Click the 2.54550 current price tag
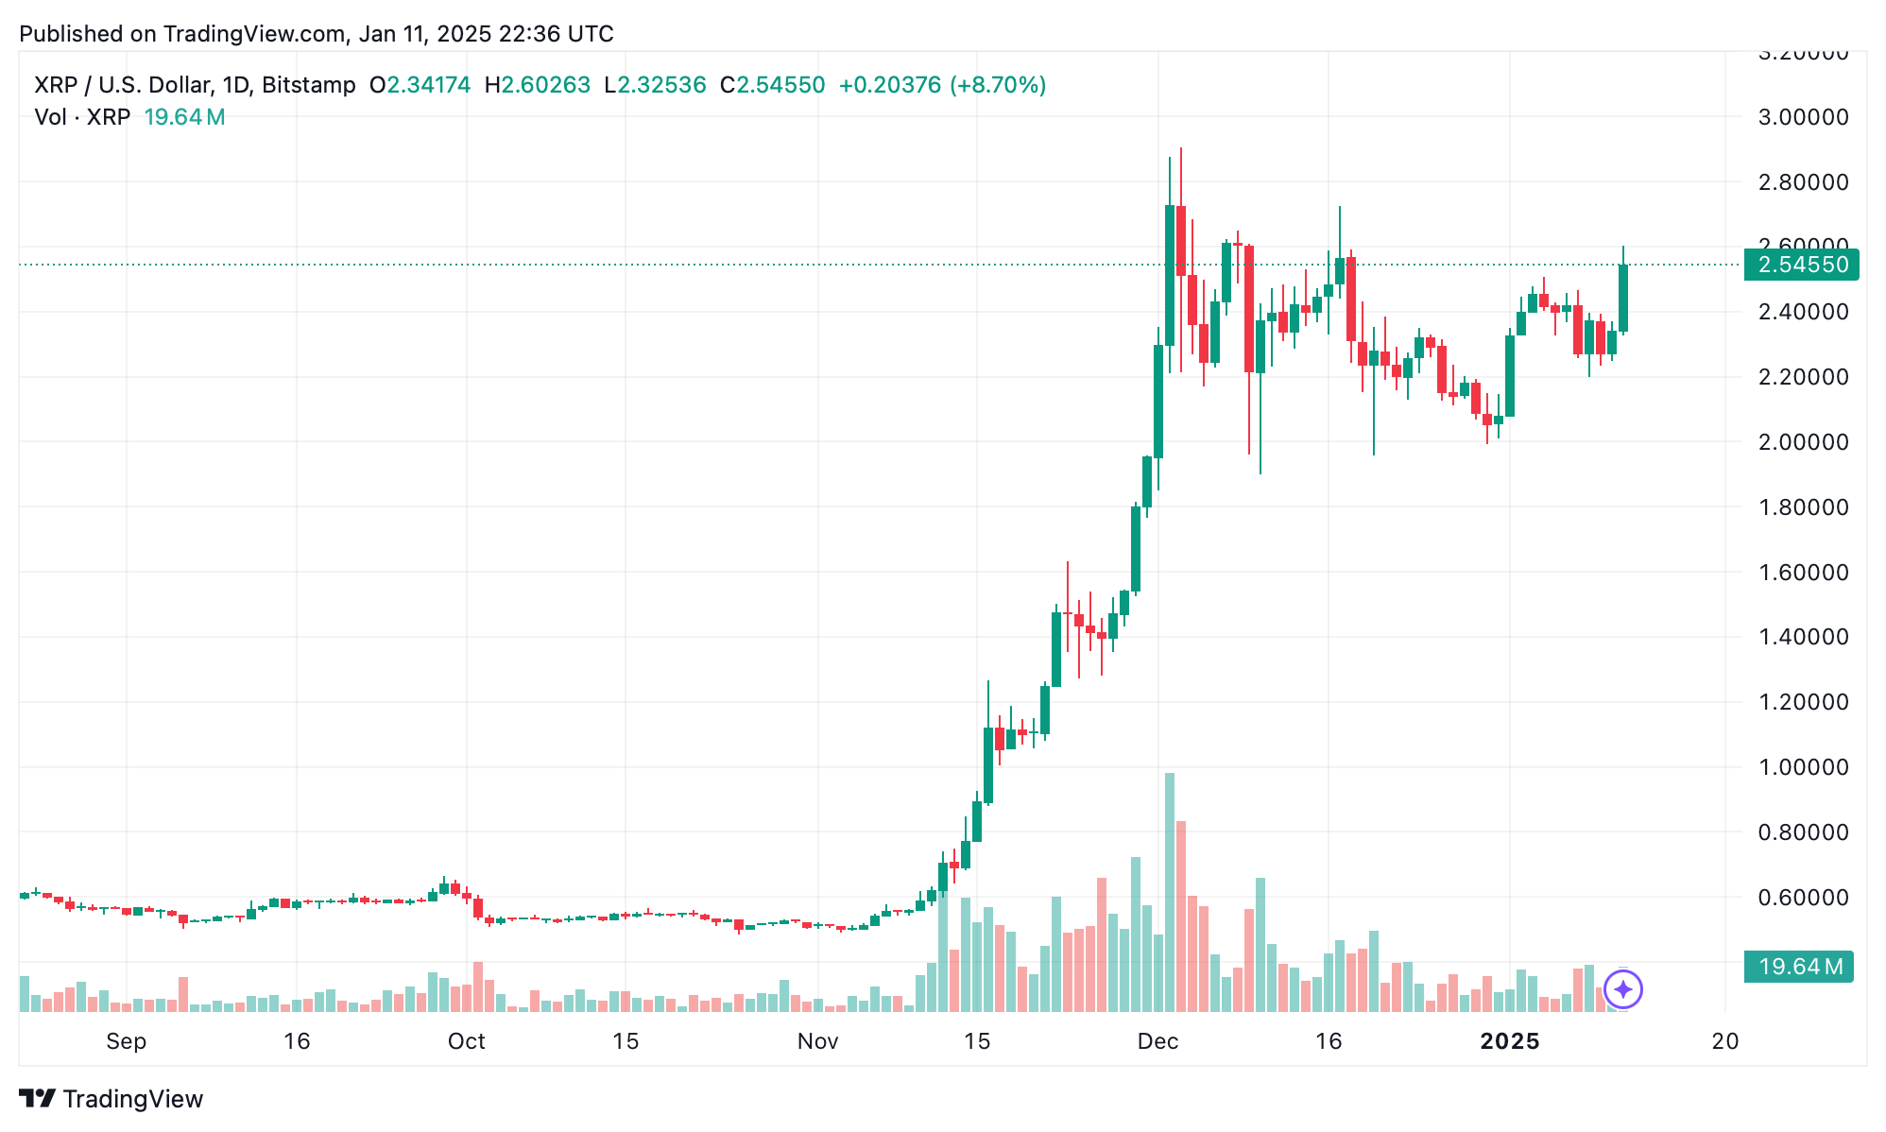point(1801,265)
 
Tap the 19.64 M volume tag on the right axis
point(1799,967)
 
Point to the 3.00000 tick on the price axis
point(1803,117)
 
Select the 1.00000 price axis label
point(1803,767)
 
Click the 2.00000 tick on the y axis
point(1803,442)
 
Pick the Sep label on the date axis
point(126,1041)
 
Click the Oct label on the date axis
point(466,1041)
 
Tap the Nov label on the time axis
point(817,1041)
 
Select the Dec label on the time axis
point(1157,1041)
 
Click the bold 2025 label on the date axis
point(1509,1041)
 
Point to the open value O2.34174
point(420,85)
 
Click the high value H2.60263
point(537,85)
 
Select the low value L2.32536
point(655,85)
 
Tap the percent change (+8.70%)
point(998,85)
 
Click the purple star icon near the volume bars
point(1623,989)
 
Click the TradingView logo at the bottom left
point(111,1099)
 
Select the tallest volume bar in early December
point(1170,892)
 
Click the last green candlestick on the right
point(1623,298)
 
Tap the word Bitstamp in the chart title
point(309,85)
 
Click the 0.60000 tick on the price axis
point(1803,898)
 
